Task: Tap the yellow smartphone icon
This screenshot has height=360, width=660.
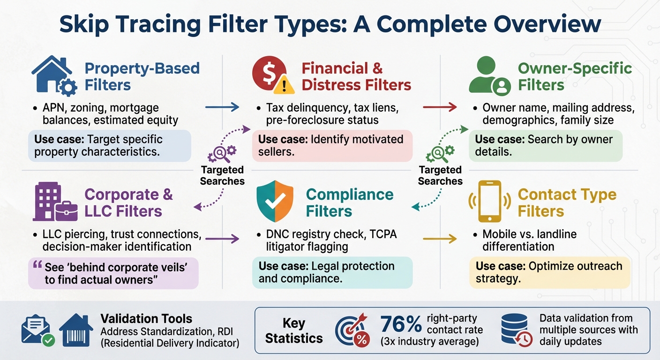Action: coord(489,201)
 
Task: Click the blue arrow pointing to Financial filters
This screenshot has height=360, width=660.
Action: coord(222,107)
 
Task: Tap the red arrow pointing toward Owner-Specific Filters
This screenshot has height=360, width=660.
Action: coord(440,107)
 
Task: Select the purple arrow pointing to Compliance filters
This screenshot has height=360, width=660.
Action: coord(222,239)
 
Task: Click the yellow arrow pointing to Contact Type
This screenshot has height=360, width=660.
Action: coord(440,239)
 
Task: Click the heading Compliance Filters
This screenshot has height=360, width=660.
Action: coord(349,202)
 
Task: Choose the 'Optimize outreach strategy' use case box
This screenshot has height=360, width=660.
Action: coord(550,272)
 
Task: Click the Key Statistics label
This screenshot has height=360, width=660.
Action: coord(294,330)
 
